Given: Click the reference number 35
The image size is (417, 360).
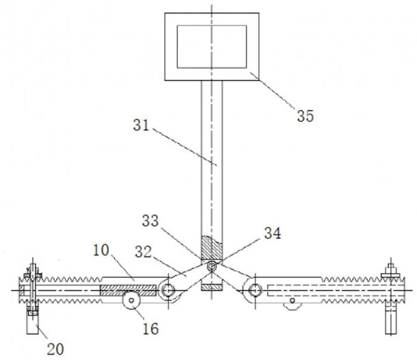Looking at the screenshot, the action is tap(305, 116).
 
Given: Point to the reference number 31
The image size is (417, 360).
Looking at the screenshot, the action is tap(141, 125).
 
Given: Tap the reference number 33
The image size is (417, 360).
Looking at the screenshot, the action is tap(150, 220).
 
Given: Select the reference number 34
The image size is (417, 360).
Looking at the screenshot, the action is tap(273, 233).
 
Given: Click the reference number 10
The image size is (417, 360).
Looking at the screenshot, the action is tap(101, 250).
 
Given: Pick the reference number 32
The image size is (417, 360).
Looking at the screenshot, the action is tap(143, 252).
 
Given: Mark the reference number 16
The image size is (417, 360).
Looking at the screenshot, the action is tap(151, 329).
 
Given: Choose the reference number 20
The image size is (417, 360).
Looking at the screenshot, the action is tap(55, 349).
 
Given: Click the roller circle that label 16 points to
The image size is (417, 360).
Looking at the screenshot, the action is tap(131, 300).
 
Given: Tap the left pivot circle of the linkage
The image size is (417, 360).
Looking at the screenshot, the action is tap(168, 290).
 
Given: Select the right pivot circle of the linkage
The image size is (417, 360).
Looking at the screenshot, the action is tap(255, 290).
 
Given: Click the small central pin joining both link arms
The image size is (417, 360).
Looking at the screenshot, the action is tap(212, 266).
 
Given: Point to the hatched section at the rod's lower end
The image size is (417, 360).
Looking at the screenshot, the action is tap(212, 248).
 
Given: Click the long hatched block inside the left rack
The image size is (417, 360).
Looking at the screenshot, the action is tap(128, 290).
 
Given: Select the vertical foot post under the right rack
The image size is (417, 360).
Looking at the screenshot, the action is tap(391, 319).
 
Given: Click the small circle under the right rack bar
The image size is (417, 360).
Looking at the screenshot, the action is tap(292, 300).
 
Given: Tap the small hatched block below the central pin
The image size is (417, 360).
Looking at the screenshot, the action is tap(212, 287).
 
